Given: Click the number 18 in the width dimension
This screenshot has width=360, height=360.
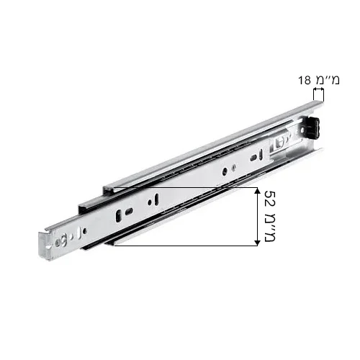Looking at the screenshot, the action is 305,80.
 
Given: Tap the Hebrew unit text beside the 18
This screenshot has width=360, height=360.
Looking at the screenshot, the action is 328,80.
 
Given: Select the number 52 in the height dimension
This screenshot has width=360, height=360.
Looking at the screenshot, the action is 269,199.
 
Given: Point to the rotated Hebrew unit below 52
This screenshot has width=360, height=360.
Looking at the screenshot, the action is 269,226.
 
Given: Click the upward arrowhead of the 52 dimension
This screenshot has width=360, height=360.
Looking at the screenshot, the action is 257,190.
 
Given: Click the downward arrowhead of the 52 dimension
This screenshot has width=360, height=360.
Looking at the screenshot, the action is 257,243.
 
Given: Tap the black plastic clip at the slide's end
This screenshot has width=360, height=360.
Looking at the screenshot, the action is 312,127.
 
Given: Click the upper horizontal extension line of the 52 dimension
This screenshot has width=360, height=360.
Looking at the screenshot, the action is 186,187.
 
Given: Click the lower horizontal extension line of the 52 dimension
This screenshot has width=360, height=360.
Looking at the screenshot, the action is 186,246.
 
